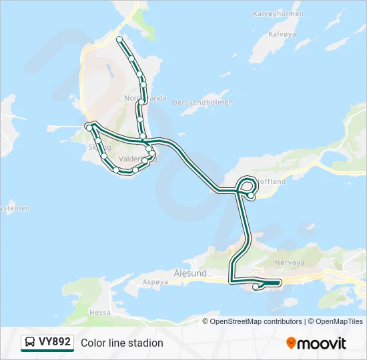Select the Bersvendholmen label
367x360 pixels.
click(x=203, y=103)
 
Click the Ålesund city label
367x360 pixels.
click(x=190, y=273)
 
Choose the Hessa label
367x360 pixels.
click(x=100, y=311)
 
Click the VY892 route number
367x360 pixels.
click(x=54, y=342)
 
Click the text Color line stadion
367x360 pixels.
click(x=122, y=343)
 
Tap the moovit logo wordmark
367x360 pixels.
click(x=322, y=343)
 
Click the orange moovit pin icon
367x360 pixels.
click(x=291, y=343)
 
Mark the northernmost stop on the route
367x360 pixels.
click(x=119, y=39)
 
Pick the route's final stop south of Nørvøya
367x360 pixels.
click(x=256, y=287)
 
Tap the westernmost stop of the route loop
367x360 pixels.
click(x=88, y=127)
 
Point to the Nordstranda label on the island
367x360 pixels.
click(x=145, y=98)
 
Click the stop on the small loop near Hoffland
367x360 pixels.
click(x=250, y=195)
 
